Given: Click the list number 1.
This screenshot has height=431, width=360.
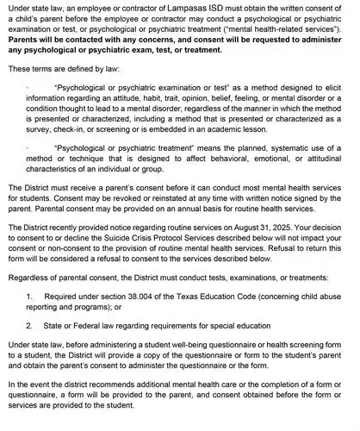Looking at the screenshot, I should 29,295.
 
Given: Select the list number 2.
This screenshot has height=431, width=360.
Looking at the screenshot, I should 29,327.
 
